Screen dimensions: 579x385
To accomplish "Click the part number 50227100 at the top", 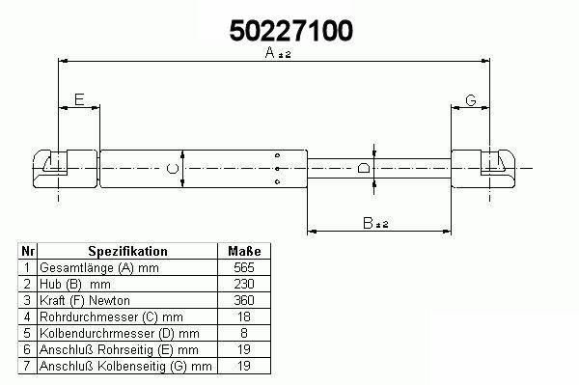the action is (x=291, y=31).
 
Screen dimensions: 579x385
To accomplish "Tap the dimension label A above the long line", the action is (x=270, y=52).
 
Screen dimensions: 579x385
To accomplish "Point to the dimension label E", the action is (x=79, y=99).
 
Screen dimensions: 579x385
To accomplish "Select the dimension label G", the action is (x=471, y=100).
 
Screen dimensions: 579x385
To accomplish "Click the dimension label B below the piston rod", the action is (x=369, y=223).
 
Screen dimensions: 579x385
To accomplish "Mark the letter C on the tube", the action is (x=173, y=169).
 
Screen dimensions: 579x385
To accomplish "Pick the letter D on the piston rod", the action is (x=364, y=168).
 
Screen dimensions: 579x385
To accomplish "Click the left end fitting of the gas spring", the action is (x=66, y=169).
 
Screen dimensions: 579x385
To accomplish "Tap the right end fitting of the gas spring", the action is (x=483, y=169).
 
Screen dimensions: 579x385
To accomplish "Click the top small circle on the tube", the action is (x=278, y=155).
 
